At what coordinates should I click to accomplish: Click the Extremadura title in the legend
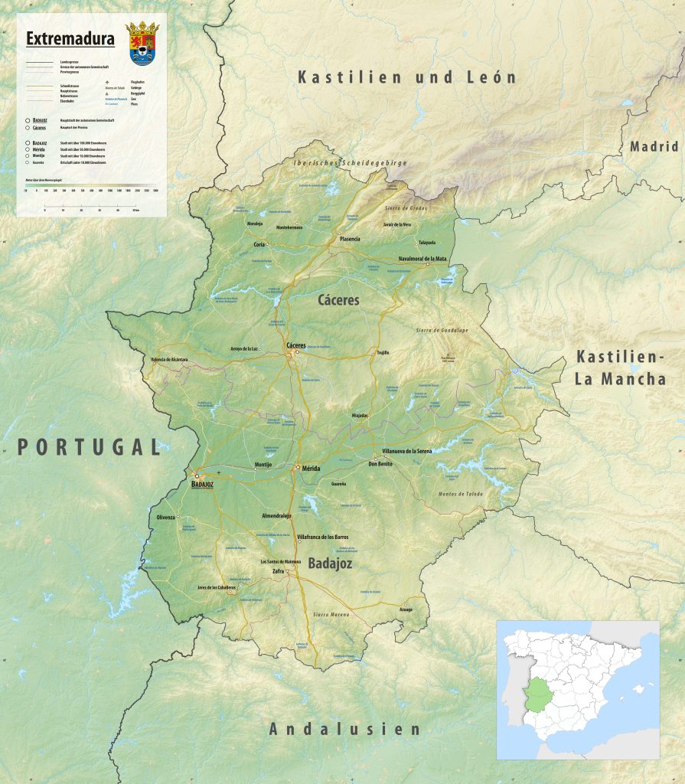tap(70, 38)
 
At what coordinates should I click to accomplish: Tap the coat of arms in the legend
tap(142, 43)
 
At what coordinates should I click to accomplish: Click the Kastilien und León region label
tap(407, 77)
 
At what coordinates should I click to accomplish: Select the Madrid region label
tap(654, 146)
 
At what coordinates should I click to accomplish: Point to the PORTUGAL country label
tap(90, 447)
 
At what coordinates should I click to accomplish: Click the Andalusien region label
tap(344, 729)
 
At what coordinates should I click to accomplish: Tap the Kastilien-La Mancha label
tap(621, 367)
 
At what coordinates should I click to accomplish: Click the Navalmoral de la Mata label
tap(422, 259)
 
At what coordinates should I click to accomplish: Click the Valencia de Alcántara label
tap(169, 359)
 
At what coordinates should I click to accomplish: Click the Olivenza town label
tap(166, 518)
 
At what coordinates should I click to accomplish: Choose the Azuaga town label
tap(406, 609)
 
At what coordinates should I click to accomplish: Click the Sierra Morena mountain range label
tap(331, 615)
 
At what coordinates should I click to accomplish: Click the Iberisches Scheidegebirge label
tap(351, 163)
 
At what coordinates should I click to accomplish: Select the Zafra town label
tap(276, 571)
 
